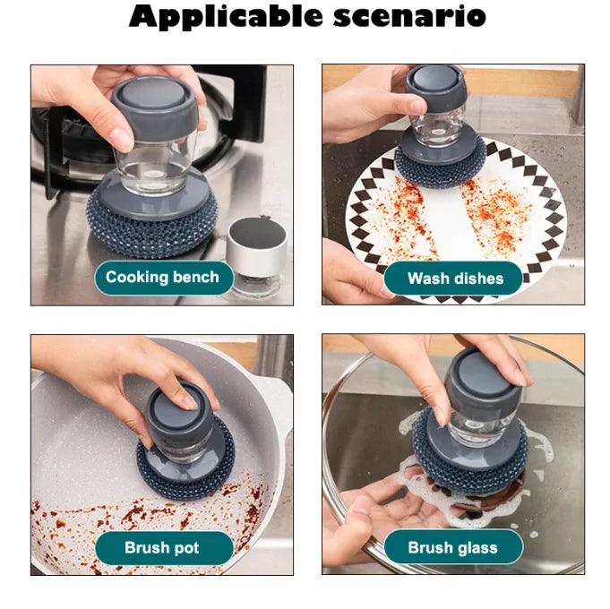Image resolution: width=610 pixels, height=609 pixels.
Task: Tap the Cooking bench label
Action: [162, 277]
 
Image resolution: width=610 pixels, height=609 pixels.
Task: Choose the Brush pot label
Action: [162, 547]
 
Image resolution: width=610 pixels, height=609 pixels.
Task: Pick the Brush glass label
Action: [452, 547]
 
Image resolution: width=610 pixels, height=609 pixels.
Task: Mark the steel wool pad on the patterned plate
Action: [439, 166]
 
